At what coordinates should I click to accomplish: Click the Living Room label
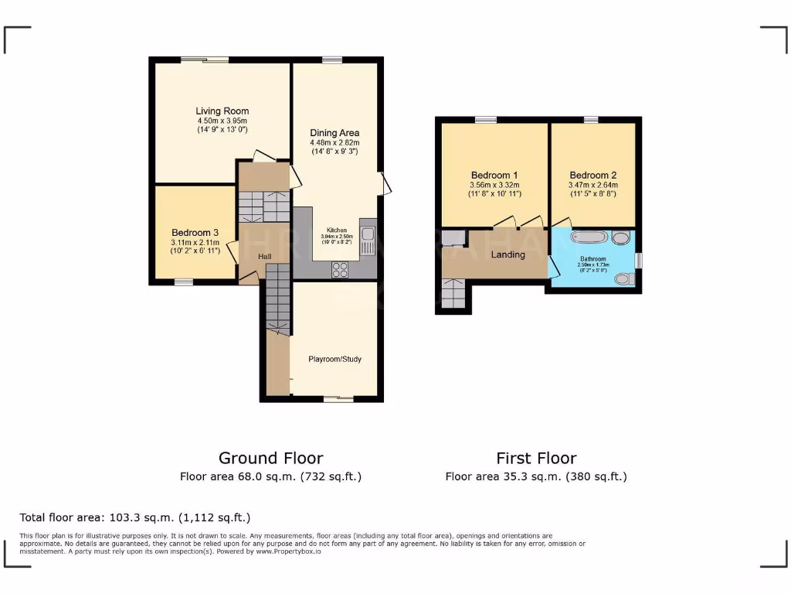[x=222, y=111]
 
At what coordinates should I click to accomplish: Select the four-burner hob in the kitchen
[x=340, y=269]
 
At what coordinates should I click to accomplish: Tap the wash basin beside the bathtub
[x=621, y=238]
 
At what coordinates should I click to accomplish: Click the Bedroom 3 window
[x=183, y=282]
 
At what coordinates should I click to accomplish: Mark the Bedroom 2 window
[x=591, y=119]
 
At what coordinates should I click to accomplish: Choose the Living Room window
[x=205, y=59]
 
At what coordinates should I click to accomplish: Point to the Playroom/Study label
[x=334, y=359]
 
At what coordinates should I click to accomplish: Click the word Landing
[x=508, y=254]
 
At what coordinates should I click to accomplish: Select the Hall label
[x=265, y=256]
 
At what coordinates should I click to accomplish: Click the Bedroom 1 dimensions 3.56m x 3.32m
[x=494, y=186]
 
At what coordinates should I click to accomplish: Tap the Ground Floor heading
[x=270, y=458]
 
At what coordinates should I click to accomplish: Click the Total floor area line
[x=135, y=517]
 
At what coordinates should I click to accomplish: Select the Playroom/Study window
[x=338, y=399]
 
